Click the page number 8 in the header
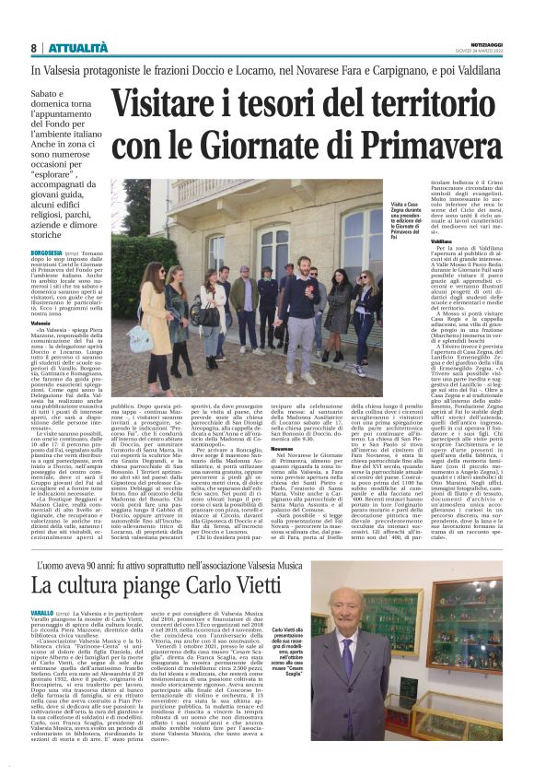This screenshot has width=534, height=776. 34,48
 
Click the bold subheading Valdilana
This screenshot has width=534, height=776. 417,241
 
